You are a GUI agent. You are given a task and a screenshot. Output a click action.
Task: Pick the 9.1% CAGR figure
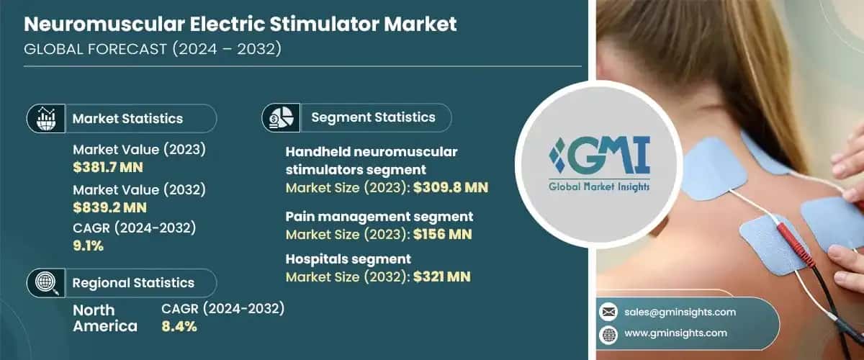pos(89,245)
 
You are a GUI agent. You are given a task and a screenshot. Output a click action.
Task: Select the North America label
pos(105,317)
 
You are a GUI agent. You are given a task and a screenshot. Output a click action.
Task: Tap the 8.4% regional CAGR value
pos(179,325)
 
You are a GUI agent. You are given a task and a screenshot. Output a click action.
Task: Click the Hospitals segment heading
pos(348,258)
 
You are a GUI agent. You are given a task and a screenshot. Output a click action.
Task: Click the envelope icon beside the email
pos(608,312)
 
